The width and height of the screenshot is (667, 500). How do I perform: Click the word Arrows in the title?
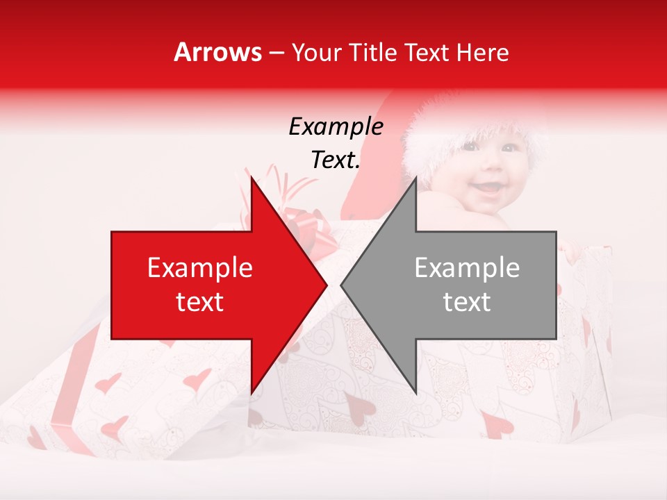(x=218, y=52)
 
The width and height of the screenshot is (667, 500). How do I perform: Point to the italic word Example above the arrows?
(x=336, y=126)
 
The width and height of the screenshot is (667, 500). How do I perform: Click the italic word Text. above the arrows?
(x=336, y=160)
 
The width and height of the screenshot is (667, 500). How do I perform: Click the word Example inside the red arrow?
(x=199, y=268)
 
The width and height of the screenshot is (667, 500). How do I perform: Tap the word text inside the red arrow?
(x=199, y=302)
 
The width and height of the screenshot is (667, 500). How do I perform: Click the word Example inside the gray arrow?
(x=467, y=268)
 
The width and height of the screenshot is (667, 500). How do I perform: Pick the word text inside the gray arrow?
(x=467, y=302)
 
